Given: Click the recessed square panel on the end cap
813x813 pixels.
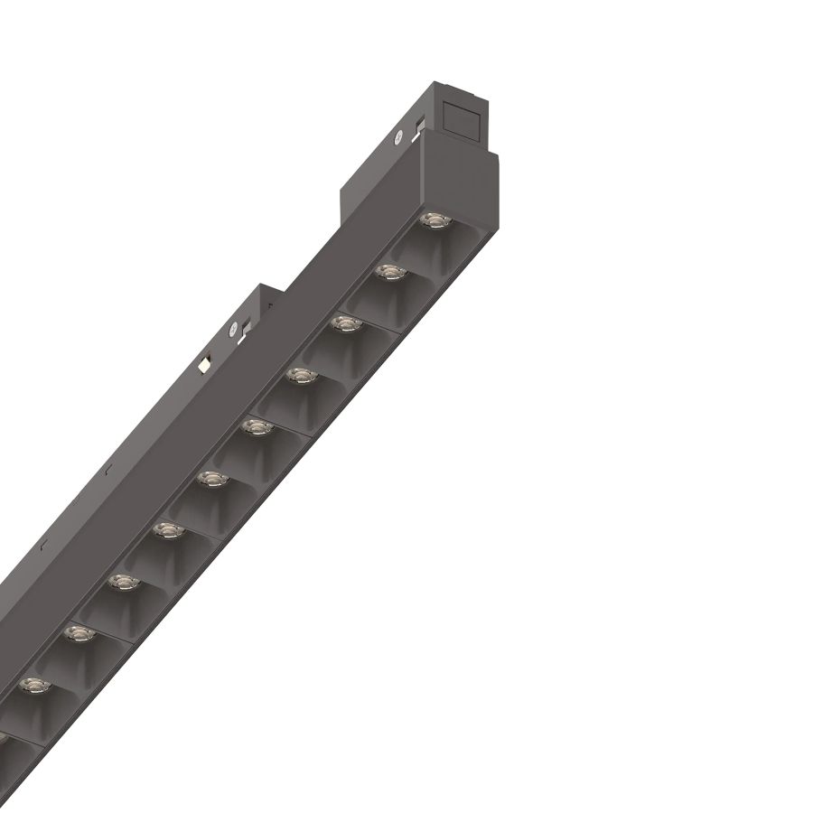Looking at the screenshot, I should (467, 115).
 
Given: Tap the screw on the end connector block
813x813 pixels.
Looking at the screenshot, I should (397, 138).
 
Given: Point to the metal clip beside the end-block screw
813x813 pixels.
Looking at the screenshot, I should (418, 128).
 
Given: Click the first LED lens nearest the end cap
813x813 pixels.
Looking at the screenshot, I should (435, 220).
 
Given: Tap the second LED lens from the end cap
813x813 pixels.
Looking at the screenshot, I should (389, 271).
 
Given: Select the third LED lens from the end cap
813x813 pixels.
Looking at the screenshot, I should (345, 322).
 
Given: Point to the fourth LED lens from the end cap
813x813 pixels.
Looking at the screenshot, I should (301, 374).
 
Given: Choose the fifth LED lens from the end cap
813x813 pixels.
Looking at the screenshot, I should (257, 426).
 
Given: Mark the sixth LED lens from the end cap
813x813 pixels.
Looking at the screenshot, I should (213, 478).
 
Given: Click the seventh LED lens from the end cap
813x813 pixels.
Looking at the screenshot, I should (169, 529).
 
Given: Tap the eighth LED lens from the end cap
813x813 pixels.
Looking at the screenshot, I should (124, 582).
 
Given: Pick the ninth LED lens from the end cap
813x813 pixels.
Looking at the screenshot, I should (79, 634).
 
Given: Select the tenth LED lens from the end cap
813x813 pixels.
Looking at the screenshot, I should (35, 686).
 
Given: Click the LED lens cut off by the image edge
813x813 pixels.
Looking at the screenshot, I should (3, 736).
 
